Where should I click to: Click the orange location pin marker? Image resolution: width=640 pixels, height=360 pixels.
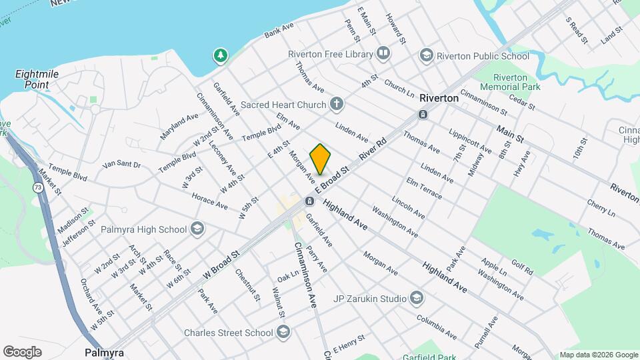pos(320,159)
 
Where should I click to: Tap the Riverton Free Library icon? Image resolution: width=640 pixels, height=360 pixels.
pos(383,53)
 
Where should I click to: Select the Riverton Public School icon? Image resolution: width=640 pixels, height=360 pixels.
pos(426,56)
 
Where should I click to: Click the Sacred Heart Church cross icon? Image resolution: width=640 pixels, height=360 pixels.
pos(337,104)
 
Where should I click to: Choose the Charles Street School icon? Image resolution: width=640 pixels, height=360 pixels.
pos(283,332)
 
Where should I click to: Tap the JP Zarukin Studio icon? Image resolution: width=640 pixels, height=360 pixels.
pos(417,297)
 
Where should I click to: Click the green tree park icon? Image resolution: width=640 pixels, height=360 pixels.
pos(219,55)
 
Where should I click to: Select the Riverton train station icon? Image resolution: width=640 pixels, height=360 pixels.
pos(423,114)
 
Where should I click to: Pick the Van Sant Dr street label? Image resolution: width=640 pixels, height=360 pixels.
pos(122,164)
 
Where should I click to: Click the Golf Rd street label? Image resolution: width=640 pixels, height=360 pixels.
pos(522,267)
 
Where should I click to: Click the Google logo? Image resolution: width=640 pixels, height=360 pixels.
pos(22,351)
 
